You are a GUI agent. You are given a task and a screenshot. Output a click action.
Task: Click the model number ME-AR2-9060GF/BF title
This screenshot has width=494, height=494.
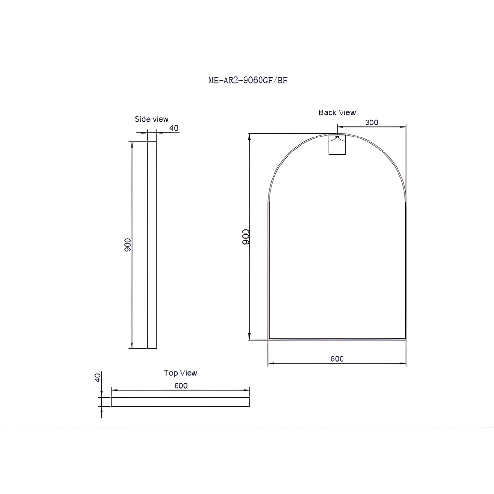[248, 81]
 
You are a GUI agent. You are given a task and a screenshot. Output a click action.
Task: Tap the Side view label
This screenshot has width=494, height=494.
[151, 119]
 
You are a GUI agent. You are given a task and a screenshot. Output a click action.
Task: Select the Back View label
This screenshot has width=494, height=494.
[337, 112]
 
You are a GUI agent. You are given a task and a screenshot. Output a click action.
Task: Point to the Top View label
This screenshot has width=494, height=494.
[180, 373]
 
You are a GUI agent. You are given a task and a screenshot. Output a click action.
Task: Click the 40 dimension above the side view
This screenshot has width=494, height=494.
[174, 128]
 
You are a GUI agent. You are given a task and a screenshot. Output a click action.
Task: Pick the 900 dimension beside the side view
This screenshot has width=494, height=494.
[127, 245]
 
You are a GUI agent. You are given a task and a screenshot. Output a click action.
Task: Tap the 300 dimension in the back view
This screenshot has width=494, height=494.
[372, 123]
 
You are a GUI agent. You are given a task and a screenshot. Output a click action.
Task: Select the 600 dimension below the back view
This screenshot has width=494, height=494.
[337, 359]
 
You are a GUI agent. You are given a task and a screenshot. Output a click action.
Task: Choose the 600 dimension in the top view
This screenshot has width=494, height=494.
[181, 386]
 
